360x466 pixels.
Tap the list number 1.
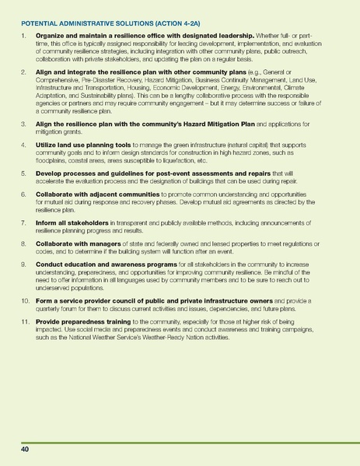click(24, 37)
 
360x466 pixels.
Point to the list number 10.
click(26, 301)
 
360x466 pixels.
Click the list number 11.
click(26, 322)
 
